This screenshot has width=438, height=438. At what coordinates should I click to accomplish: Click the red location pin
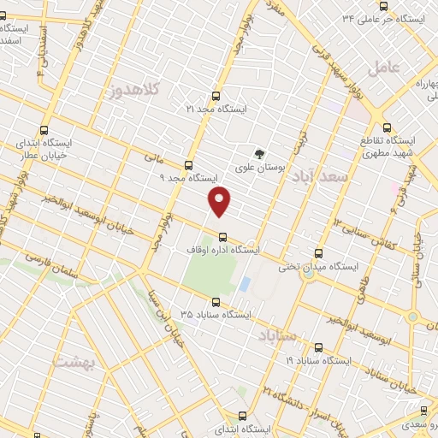pyautogui.click(x=221, y=201)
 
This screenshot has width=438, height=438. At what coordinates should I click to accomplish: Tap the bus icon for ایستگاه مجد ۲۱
pyautogui.click(x=214, y=96)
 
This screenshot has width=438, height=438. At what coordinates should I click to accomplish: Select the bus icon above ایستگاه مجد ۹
pyautogui.click(x=188, y=165)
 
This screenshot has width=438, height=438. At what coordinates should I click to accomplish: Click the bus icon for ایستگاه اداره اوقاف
pyautogui.click(x=222, y=237)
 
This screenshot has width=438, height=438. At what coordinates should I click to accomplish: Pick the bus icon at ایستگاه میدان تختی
pyautogui.click(x=319, y=253)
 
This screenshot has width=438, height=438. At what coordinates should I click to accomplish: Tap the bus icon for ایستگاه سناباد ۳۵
pyautogui.click(x=215, y=302)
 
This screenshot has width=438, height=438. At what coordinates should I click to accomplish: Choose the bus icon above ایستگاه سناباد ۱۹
pyautogui.click(x=318, y=348)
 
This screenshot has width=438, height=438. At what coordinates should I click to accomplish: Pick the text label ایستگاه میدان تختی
pyautogui.click(x=317, y=267)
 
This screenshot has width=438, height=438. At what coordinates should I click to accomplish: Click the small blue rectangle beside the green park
pyautogui.click(x=245, y=283)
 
